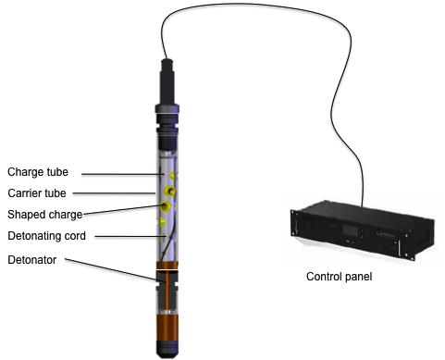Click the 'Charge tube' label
coord(38,172)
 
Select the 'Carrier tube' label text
coord(37,193)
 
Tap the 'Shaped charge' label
coord(45,215)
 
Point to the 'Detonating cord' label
coord(46,236)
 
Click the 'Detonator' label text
coord(31,260)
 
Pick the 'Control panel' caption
coord(339,277)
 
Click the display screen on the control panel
coord(350,231)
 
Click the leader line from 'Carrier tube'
coord(114,193)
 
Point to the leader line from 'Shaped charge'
coord(122,209)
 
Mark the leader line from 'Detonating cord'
coord(130,237)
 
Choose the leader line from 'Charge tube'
coord(122,174)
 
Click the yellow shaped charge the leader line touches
coord(166,205)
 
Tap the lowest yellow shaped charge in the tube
coord(162,222)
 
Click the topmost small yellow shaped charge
coord(172,176)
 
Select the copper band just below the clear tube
coord(167,266)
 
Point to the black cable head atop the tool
coord(167,81)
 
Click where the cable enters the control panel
coord(362,205)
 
